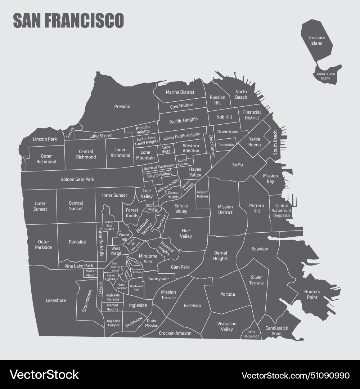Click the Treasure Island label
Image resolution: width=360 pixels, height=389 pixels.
316,40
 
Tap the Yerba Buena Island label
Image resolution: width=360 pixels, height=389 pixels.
325,76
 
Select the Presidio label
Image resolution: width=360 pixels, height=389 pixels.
122,107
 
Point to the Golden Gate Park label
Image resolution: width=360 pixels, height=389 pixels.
77,179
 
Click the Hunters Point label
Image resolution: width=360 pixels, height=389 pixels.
312,294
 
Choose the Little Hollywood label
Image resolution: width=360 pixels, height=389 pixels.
251,334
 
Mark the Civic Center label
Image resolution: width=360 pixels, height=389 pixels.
211,146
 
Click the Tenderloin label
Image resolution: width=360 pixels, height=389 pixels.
226,145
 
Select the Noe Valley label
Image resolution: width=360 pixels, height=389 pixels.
186,233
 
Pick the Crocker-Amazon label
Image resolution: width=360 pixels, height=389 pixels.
175,333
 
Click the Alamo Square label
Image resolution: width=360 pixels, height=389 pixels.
183,162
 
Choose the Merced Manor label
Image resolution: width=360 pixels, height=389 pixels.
91,273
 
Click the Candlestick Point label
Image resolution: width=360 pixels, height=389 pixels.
276,331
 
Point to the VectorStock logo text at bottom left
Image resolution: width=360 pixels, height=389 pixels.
44,375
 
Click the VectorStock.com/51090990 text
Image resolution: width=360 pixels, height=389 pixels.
295,375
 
